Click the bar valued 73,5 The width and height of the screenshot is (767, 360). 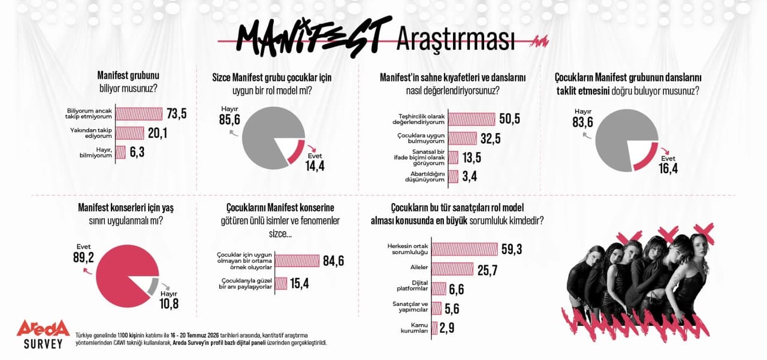(139, 114)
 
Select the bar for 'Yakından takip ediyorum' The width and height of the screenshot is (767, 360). (130, 133)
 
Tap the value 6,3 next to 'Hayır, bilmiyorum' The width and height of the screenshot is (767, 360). (137, 152)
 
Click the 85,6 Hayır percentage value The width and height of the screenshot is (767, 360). (230, 120)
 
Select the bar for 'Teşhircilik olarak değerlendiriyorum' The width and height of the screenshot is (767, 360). (472, 119)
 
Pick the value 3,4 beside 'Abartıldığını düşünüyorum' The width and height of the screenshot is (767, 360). (469, 177)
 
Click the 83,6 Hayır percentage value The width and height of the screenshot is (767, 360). (583, 122)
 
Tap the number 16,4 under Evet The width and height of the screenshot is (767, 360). (668, 169)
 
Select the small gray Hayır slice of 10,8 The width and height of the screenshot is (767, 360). (153, 287)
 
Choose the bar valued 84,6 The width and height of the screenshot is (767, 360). (297, 261)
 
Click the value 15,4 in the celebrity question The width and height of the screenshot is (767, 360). (299, 284)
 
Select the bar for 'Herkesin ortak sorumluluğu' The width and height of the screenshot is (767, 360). (464, 249)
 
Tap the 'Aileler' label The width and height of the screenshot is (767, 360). (419, 267)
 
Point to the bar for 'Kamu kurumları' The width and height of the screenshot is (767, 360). (434, 328)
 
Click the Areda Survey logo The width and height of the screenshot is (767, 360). (43, 334)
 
